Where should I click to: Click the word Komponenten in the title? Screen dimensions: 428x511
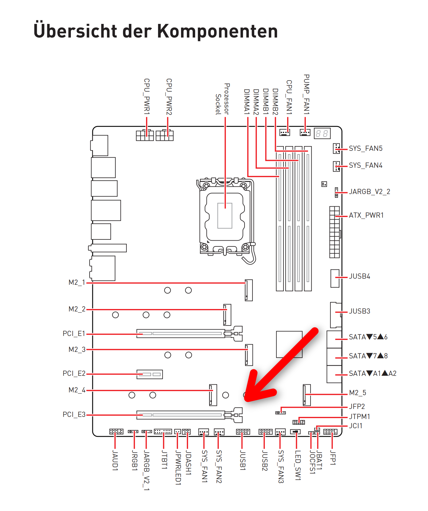(218, 31)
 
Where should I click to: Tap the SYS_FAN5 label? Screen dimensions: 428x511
(366, 148)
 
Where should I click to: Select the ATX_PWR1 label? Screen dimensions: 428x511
(366, 215)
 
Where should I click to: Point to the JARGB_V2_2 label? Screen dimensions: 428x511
(370, 192)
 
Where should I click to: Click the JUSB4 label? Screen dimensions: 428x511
(360, 276)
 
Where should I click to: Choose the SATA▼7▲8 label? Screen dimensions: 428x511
(368, 356)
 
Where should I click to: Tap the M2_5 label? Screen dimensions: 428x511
(358, 393)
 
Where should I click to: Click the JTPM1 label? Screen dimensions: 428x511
(360, 417)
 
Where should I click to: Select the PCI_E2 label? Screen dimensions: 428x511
(74, 373)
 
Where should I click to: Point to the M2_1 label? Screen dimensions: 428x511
(77, 282)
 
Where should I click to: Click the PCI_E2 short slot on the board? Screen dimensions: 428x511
(149, 374)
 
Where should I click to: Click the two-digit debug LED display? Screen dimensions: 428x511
(322, 133)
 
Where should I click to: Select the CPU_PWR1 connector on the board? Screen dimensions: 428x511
(145, 135)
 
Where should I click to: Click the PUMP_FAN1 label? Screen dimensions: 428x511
(307, 94)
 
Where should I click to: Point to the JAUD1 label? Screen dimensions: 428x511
(115, 460)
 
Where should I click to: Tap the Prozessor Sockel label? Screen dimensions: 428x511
(222, 99)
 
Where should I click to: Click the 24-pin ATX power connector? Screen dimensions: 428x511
(335, 232)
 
